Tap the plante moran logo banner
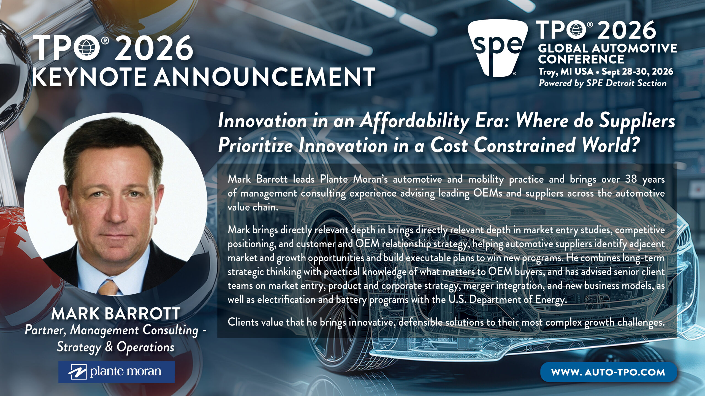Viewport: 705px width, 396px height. pyautogui.click(x=116, y=372)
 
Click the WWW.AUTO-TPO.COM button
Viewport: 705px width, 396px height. pyautogui.click(x=609, y=372)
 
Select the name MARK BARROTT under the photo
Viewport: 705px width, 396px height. pyautogui.click(x=116, y=313)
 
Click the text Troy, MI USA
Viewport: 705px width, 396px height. pyautogui.click(x=566, y=72)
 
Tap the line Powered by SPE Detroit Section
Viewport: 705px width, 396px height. pyautogui.click(x=603, y=83)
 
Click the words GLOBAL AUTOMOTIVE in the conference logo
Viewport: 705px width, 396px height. pyautogui.click(x=608, y=48)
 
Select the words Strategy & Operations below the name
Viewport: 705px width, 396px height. pyautogui.click(x=116, y=347)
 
